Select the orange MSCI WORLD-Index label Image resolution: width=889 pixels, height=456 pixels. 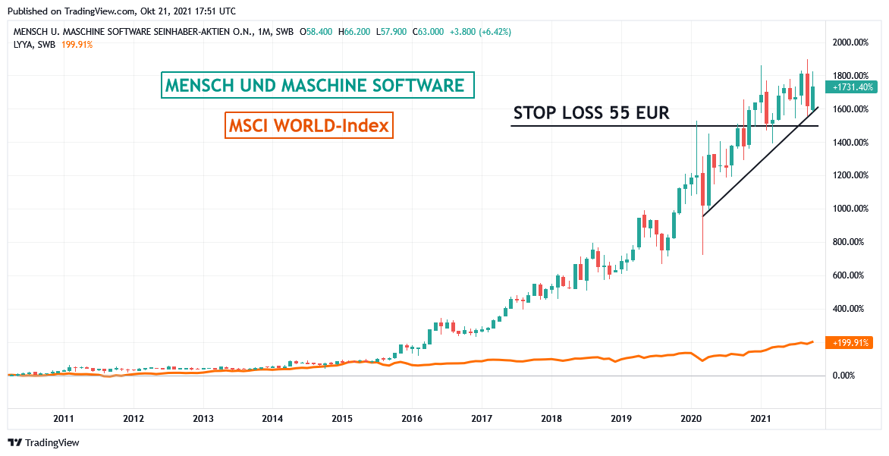(308, 125)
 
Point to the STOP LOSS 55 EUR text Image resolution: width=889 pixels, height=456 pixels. (591, 114)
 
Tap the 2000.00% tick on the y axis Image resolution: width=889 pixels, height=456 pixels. (850, 42)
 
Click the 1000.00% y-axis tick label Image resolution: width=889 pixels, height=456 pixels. (850, 209)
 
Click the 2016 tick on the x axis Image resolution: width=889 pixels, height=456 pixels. (412, 418)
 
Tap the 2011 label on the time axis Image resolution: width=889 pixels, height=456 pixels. (64, 418)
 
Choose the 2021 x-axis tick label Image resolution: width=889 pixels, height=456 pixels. (761, 418)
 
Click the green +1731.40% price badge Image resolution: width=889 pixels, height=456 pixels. (853, 87)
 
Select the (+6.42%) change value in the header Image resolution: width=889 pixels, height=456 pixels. (492, 32)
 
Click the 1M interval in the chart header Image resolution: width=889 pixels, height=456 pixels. (263, 32)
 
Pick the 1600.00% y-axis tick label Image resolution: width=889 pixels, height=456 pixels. (850, 109)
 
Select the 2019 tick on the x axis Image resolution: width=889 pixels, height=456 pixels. (621, 418)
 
